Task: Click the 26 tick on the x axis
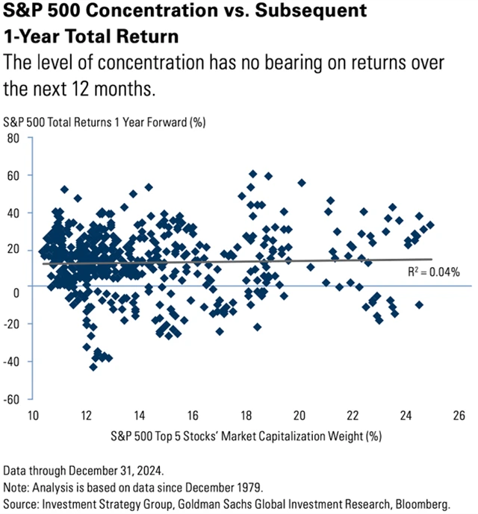[459, 415]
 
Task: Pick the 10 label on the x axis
[33, 415]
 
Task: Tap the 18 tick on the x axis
[246, 415]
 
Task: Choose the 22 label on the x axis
[353, 415]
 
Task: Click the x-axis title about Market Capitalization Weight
[246, 435]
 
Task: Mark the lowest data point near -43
[93, 366]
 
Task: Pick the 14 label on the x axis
[140, 415]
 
